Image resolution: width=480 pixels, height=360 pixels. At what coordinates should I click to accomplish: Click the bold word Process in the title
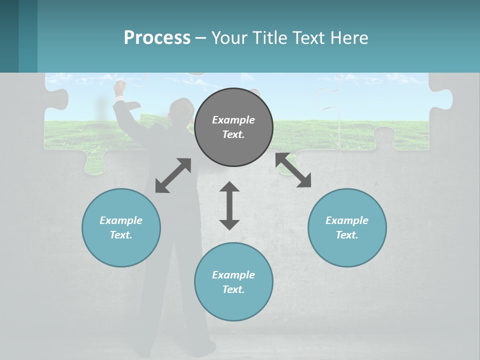point(157,38)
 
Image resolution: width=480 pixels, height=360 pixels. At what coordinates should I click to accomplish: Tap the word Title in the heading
point(270,38)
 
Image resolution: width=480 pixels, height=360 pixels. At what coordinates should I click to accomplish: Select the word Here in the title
point(349,38)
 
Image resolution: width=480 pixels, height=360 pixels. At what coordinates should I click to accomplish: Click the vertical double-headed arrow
point(229,205)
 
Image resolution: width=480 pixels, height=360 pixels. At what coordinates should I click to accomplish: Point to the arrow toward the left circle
point(173,175)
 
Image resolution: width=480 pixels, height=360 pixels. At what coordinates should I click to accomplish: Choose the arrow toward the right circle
point(293,170)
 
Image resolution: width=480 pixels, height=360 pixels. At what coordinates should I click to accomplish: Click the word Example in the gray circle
point(233,120)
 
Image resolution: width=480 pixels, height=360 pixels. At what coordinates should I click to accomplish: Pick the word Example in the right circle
point(347,220)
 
